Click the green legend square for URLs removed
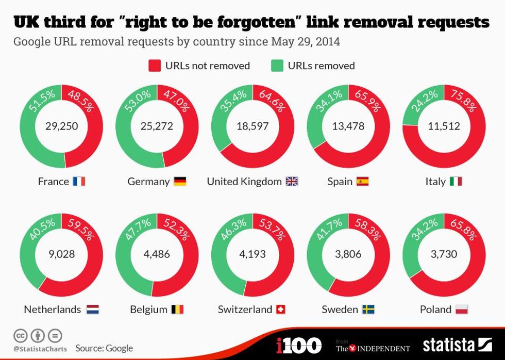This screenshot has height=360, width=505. (x=277, y=66)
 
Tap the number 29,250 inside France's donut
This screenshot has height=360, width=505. (x=61, y=126)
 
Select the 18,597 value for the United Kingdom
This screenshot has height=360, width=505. (x=252, y=126)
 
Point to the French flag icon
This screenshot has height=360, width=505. (x=79, y=182)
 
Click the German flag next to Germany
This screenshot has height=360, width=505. (x=180, y=182)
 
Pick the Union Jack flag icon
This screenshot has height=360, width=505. (x=292, y=182)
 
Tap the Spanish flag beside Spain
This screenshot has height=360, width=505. (x=363, y=182)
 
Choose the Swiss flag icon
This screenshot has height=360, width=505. (x=281, y=309)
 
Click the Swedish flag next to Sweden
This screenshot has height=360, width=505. (x=368, y=309)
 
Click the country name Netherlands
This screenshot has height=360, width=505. (x=53, y=309)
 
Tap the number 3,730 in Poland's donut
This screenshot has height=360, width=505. (x=444, y=254)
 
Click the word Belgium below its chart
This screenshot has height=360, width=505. (x=148, y=309)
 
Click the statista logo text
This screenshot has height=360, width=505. (x=449, y=345)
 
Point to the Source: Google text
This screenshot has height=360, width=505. (x=104, y=348)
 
